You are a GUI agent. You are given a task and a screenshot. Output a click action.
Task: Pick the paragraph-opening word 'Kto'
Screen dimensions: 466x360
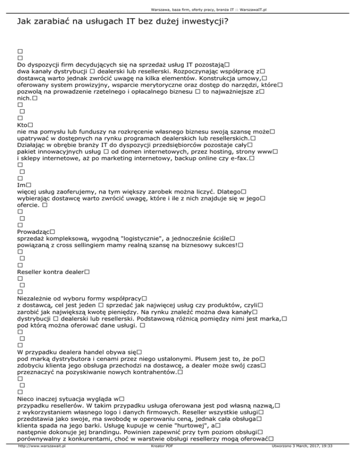pyautogui.click(x=22, y=126)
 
